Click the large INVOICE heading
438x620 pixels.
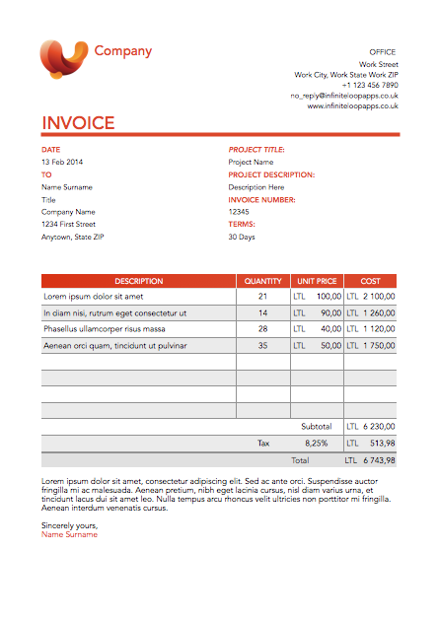(78, 123)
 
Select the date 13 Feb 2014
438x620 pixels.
(62, 162)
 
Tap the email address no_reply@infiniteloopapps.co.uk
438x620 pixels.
(344, 96)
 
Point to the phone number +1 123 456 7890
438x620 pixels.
(370, 85)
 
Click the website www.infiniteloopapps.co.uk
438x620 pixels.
(352, 106)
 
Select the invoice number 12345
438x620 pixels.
(239, 212)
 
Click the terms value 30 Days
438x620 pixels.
(242, 237)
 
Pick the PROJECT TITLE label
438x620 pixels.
(256, 150)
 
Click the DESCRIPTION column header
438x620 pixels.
(138, 281)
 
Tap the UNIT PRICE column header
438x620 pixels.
(317, 281)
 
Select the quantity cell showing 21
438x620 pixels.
(262, 296)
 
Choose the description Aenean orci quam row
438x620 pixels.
(114, 346)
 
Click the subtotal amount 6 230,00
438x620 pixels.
(378, 427)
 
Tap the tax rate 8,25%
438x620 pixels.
(317, 444)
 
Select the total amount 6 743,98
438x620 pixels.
(378, 460)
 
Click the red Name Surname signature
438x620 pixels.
(69, 535)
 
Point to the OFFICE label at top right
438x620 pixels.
(383, 51)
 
